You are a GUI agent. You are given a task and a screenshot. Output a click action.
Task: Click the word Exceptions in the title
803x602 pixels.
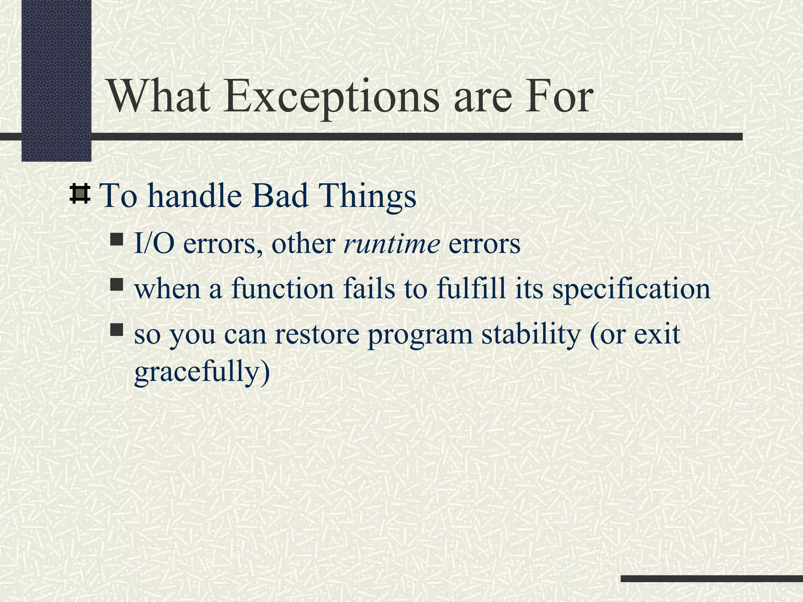[x=331, y=97]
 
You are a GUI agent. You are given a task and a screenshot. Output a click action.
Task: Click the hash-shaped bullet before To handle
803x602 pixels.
[x=80, y=194]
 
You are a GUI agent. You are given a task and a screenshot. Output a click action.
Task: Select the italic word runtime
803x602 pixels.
[x=391, y=243]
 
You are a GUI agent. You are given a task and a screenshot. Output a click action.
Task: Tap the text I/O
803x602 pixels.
[x=154, y=243]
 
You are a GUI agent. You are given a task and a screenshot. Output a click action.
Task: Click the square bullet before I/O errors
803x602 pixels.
[x=116, y=239]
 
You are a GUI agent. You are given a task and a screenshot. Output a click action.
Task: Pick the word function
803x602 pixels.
[x=283, y=288]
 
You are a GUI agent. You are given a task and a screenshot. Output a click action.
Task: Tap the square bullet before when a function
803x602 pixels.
[x=116, y=284]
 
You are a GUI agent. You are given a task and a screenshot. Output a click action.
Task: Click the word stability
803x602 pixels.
[x=531, y=334]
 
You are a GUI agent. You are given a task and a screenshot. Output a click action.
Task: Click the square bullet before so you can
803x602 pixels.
[x=116, y=330]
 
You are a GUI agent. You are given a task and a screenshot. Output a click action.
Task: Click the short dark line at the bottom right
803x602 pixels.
[x=711, y=578]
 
